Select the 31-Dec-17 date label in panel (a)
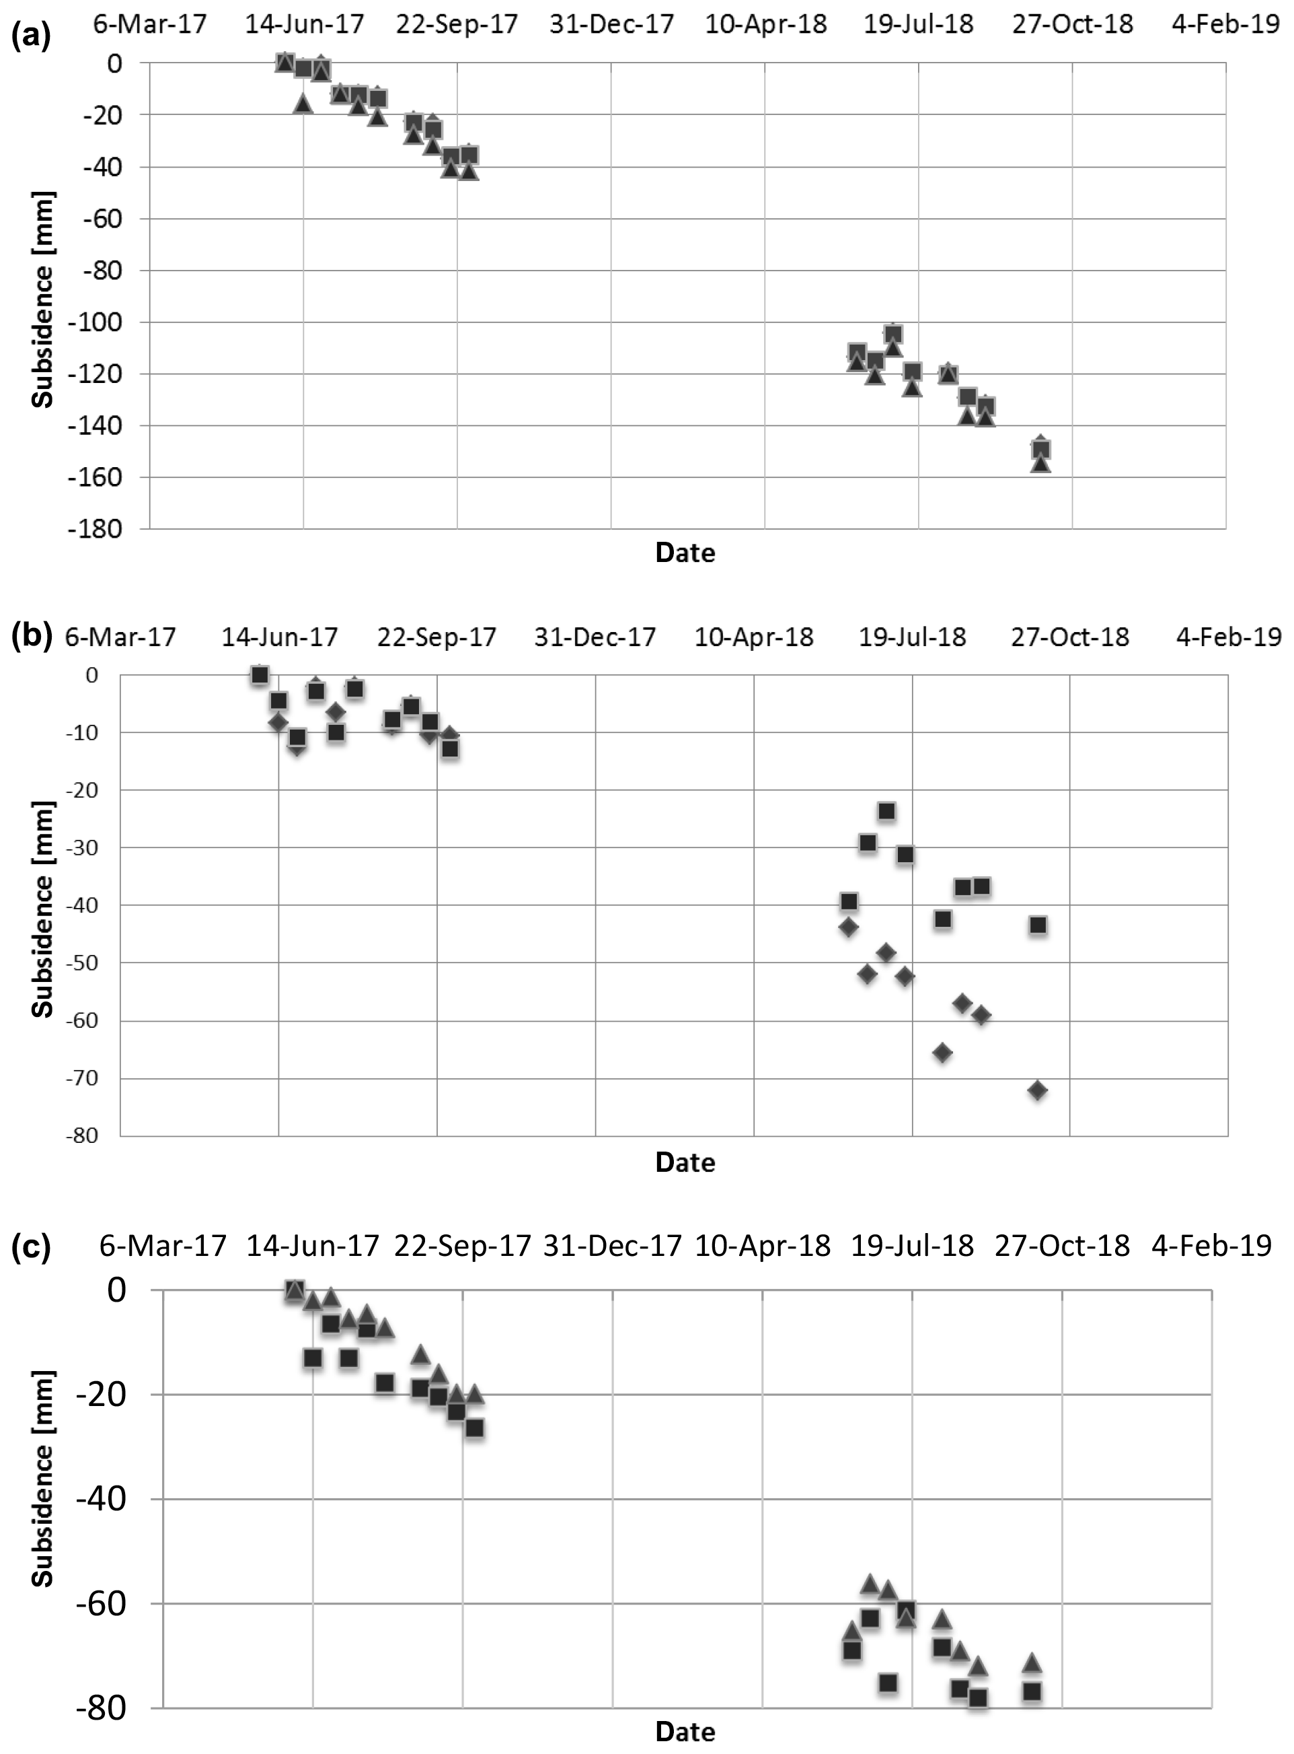(611, 24)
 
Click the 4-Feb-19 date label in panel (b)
(1228, 637)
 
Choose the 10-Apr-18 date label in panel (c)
(762, 1245)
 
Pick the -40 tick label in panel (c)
(100, 1500)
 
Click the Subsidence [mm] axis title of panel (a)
(43, 299)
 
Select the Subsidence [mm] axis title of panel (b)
(43, 909)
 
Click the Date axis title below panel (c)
(685, 1731)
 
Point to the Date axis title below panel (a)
(685, 553)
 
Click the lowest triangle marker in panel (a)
(1040, 464)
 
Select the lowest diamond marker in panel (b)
(1037, 1090)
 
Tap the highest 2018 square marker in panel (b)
(886, 810)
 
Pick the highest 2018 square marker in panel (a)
(893, 335)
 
